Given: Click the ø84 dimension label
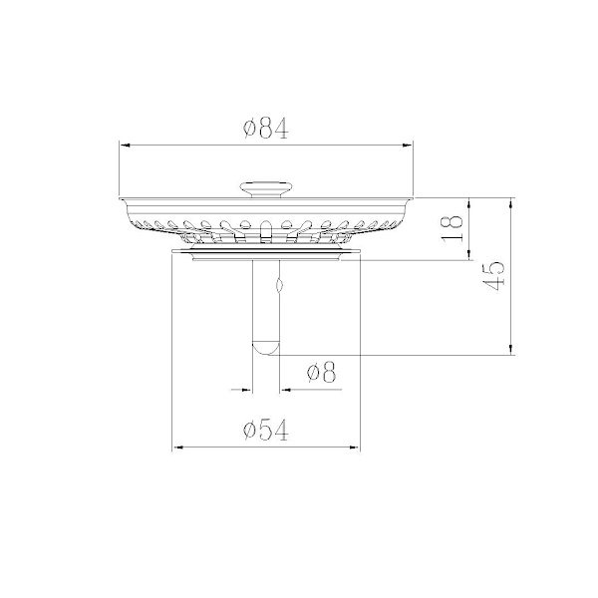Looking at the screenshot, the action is point(266,129).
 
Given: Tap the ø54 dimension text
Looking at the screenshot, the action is point(266,431).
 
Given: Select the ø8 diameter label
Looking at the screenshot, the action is point(321,372).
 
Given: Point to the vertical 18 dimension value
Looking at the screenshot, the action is point(451,228).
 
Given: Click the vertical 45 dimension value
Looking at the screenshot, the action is point(493,275).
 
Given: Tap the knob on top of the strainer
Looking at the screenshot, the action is point(266,189).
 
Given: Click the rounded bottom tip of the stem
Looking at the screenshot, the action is point(266,349).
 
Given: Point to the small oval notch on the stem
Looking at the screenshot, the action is point(279,284).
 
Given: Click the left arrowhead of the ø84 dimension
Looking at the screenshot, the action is point(125,145).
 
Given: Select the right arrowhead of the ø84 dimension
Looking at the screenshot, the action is point(408,145).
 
